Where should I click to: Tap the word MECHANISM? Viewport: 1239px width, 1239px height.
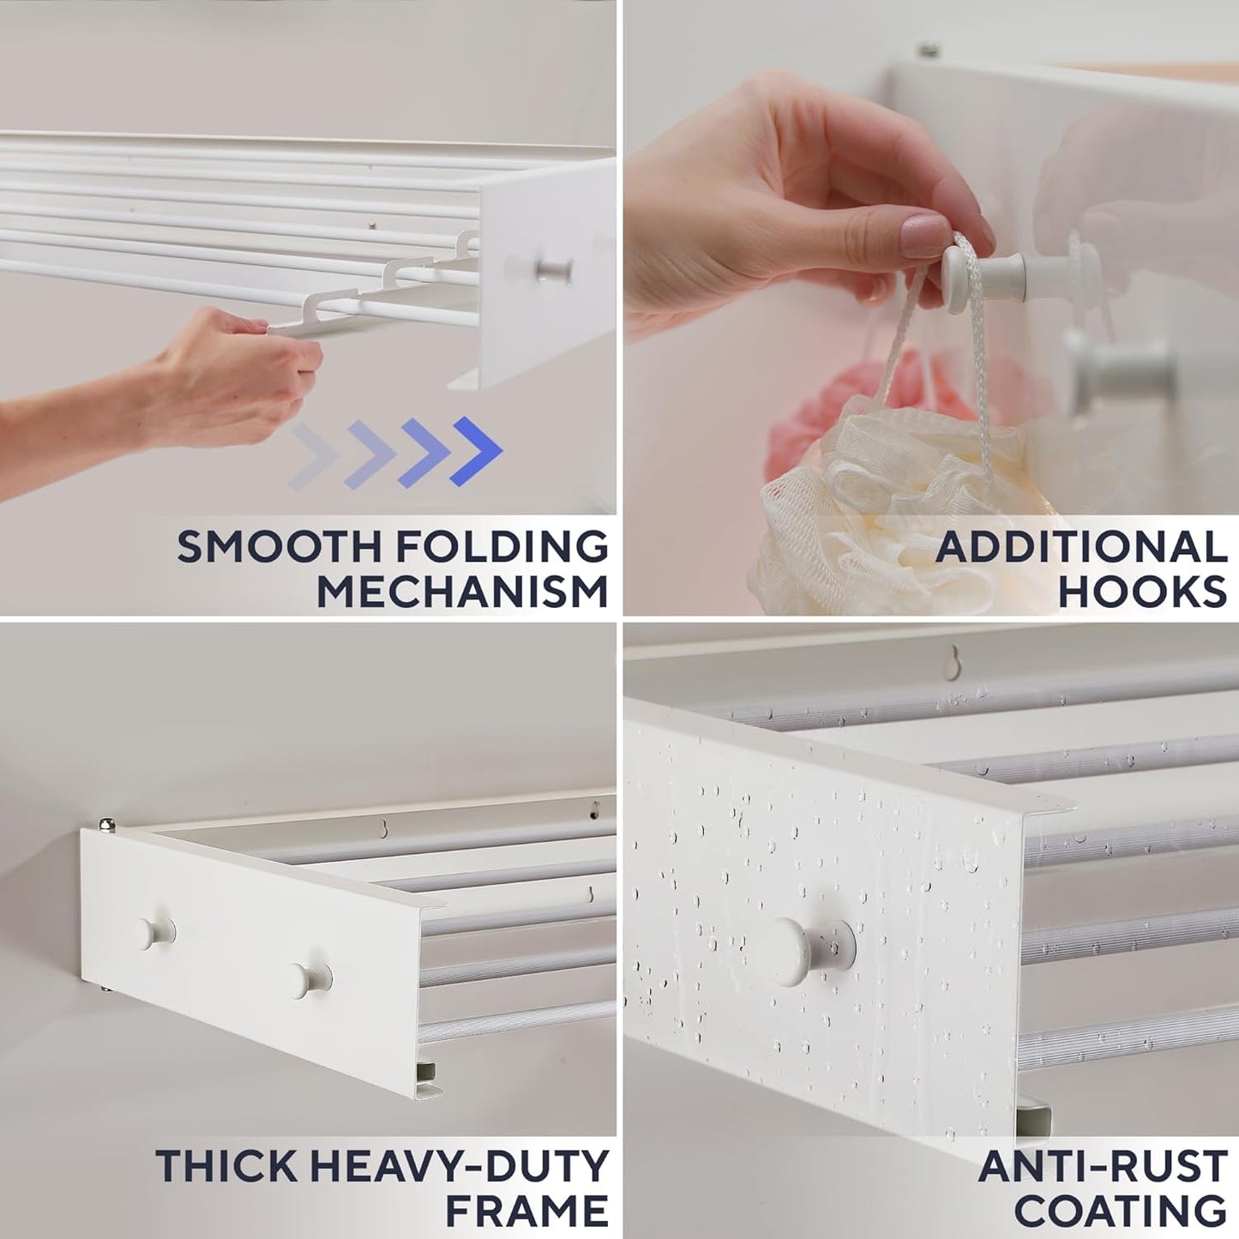(462, 592)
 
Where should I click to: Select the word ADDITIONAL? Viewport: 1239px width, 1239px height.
(1081, 547)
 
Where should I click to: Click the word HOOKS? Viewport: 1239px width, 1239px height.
(1142, 592)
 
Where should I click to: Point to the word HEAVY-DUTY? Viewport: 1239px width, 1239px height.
(458, 1167)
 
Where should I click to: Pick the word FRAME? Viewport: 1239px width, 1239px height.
(526, 1211)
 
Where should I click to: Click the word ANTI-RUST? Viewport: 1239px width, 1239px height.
(1103, 1167)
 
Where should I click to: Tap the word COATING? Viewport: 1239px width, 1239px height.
(1121, 1211)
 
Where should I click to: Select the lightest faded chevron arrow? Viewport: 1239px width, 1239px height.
(310, 454)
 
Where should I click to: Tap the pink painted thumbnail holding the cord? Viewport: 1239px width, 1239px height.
(922, 235)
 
